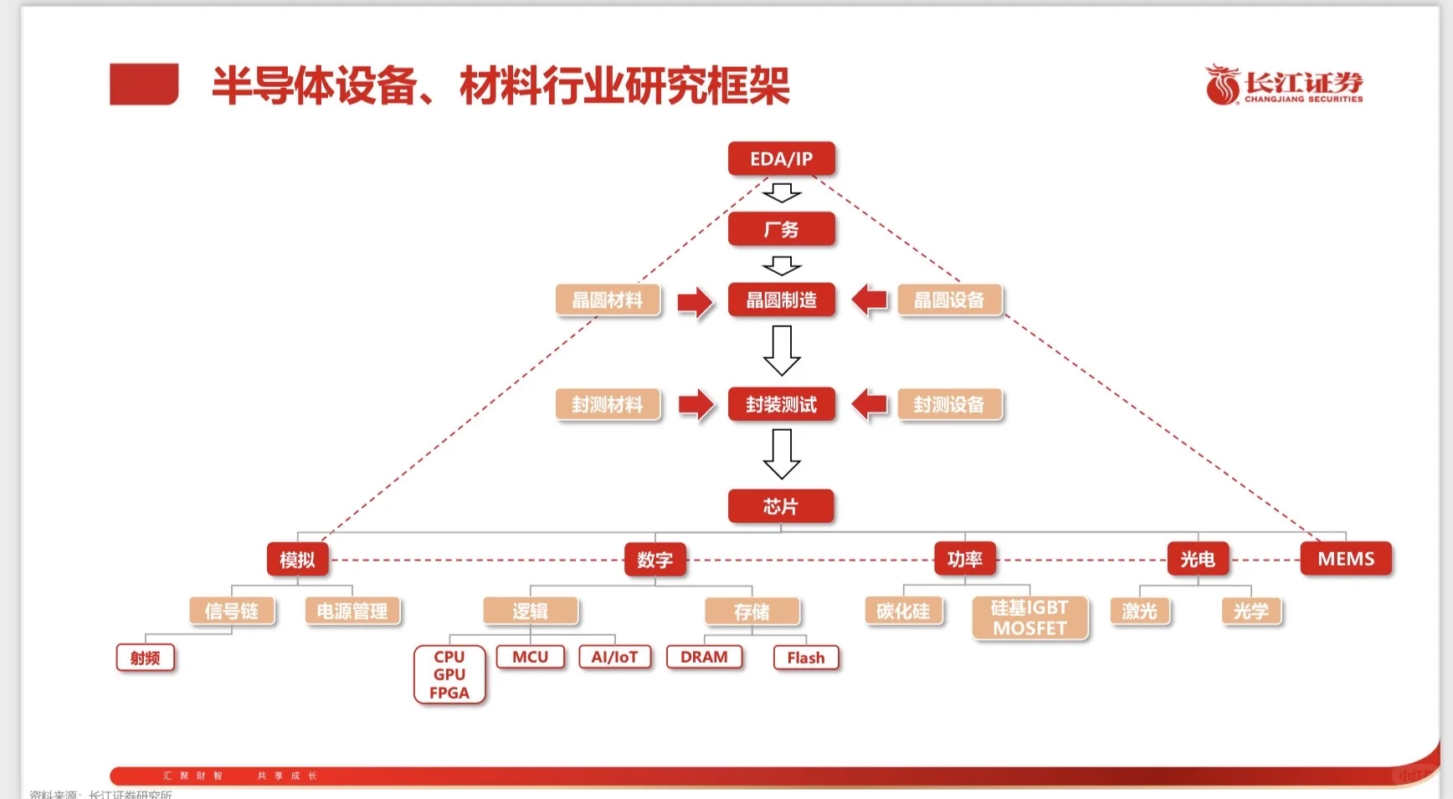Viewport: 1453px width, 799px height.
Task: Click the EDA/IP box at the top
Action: click(781, 159)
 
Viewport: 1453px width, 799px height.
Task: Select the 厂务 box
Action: click(781, 229)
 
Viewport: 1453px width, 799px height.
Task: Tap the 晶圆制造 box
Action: click(781, 300)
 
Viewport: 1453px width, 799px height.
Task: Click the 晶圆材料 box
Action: click(608, 300)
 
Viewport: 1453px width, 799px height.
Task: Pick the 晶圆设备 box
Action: click(949, 300)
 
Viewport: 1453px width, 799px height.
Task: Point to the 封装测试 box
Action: click(781, 405)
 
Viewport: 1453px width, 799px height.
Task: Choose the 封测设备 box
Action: click(949, 405)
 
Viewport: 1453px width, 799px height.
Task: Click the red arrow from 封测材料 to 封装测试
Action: click(696, 405)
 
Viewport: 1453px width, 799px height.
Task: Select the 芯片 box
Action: click(781, 506)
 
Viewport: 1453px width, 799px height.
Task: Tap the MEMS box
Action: click(1346, 559)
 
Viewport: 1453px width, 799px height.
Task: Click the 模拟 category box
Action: click(297, 560)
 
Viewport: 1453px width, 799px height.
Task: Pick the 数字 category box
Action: click(655, 560)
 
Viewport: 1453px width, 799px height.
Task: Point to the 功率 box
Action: click(965, 559)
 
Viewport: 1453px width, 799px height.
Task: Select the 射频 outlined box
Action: click(146, 658)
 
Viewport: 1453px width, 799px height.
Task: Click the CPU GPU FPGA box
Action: click(449, 674)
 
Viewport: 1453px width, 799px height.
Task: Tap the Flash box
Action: click(805, 658)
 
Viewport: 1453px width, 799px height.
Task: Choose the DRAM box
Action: click(704, 657)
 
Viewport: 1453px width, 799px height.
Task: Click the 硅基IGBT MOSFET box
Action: click(1029, 617)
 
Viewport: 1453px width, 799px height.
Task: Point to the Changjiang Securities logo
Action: click(1283, 85)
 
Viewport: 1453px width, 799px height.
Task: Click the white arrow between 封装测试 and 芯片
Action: click(782, 454)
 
